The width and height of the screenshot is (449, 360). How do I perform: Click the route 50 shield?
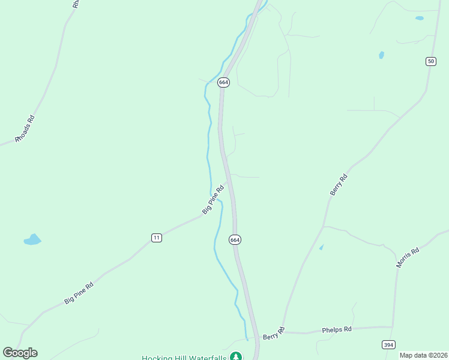click(431, 61)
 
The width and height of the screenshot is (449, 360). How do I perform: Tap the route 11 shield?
click(157, 238)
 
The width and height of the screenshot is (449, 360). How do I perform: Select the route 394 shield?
click(388, 344)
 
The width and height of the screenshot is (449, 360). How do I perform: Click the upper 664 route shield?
click(223, 82)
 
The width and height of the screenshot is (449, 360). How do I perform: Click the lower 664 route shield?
click(235, 239)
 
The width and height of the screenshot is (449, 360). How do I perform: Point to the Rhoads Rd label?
click(26, 128)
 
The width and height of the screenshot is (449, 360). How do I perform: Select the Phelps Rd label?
click(336, 329)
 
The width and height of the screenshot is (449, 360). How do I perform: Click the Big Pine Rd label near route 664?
click(213, 199)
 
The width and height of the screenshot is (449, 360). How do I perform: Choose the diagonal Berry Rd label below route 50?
click(339, 184)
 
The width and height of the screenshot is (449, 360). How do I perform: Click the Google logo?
click(20, 352)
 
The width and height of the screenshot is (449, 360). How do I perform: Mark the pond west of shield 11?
click(32, 240)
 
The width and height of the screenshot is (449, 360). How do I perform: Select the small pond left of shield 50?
click(381, 55)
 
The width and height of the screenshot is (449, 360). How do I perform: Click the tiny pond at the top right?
click(419, 18)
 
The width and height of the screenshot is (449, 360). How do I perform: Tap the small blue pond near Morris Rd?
click(321, 247)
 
